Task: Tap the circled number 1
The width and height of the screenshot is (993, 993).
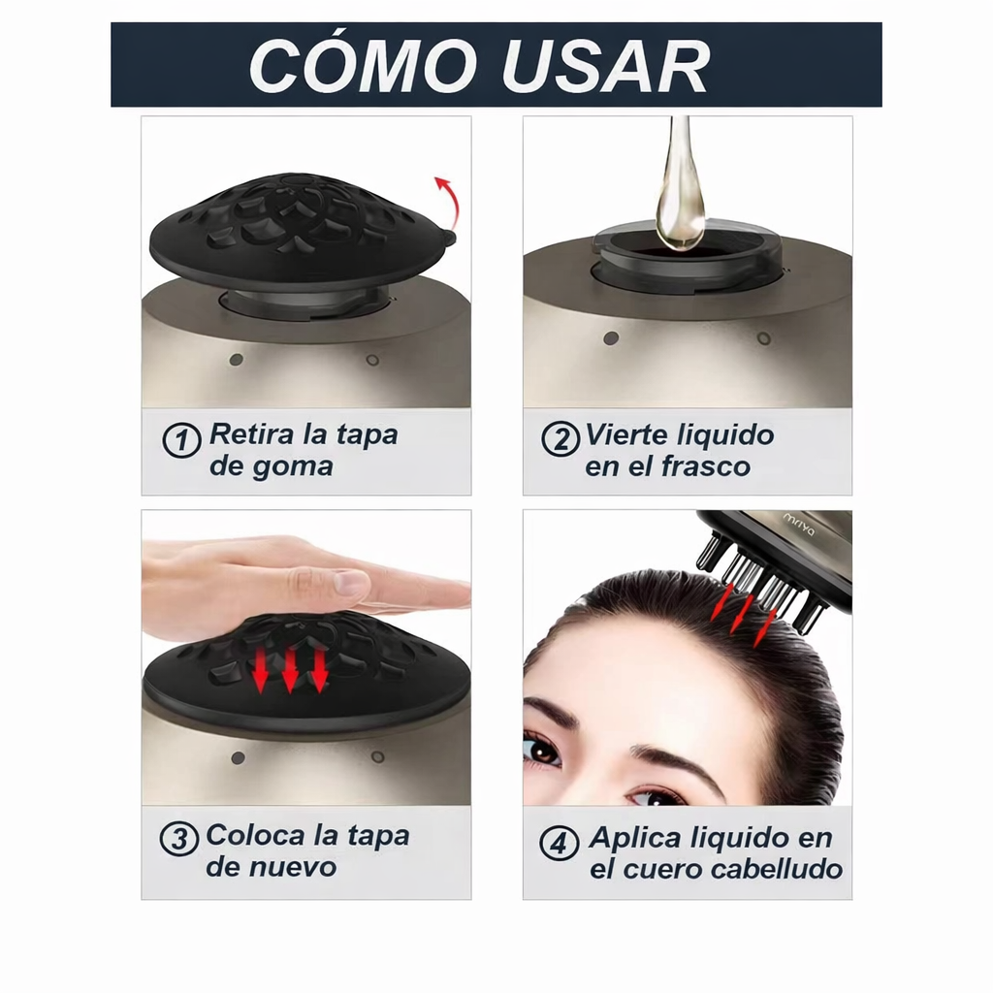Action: pos(180,441)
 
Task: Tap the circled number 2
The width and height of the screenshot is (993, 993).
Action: pos(560,439)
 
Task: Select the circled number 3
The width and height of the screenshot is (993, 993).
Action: pos(178,839)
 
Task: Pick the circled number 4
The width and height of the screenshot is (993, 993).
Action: pos(559,843)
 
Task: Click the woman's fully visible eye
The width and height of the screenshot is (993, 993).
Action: pos(541,748)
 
